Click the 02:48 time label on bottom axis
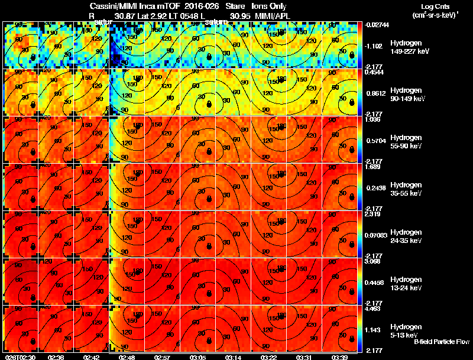pos(127,357)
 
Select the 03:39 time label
pos(339,357)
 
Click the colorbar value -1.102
pos(375,46)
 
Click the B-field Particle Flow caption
pos(442,342)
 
